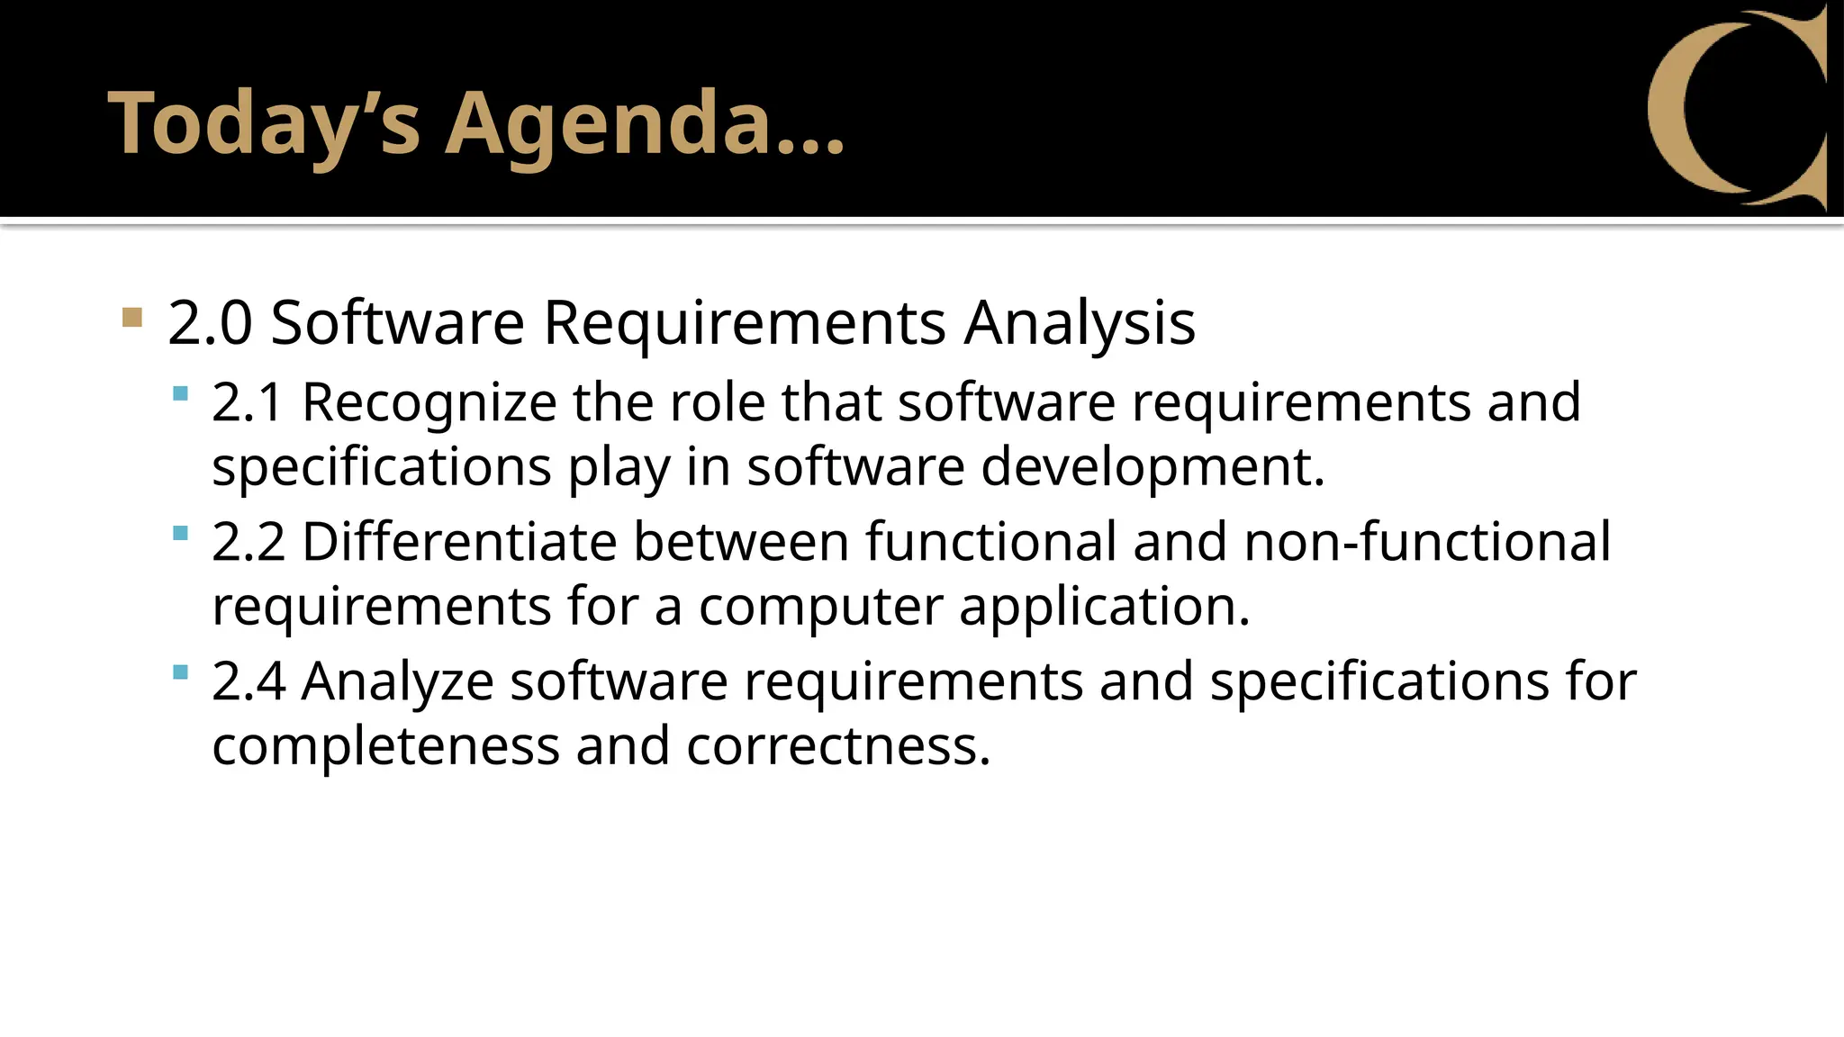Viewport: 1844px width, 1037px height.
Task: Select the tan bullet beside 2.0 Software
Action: click(x=132, y=317)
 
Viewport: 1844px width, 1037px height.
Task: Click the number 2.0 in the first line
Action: click(x=209, y=323)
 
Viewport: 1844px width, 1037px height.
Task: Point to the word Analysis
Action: click(x=1080, y=323)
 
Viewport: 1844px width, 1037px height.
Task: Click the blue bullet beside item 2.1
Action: click(x=180, y=393)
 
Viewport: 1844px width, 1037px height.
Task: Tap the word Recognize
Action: click(x=429, y=402)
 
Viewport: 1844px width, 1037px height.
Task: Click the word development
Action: click(x=1152, y=467)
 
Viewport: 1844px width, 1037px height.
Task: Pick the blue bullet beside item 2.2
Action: click(x=180, y=533)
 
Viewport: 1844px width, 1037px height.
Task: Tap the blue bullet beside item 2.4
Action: click(x=180, y=672)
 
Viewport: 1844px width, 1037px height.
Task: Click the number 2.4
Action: click(x=249, y=681)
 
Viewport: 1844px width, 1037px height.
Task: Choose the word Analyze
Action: click(x=397, y=681)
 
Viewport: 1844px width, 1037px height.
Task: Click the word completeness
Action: click(x=385, y=747)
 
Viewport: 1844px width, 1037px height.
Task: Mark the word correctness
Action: click(x=838, y=747)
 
